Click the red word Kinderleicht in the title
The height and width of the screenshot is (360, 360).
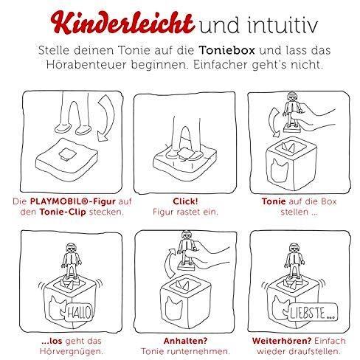[122, 23]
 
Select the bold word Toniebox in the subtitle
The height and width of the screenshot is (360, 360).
[226, 50]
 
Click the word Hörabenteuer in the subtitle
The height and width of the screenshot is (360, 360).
[86, 65]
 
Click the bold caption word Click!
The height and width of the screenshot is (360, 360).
[185, 201]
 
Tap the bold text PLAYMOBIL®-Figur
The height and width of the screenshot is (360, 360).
[72, 201]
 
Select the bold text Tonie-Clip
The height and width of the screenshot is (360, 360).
[63, 212]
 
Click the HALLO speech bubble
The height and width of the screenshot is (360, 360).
[79, 313]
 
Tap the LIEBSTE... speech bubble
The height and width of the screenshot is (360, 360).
[313, 312]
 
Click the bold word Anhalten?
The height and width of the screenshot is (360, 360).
[185, 341]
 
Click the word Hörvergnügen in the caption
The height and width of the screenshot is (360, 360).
[70, 351]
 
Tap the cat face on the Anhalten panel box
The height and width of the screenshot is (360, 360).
[174, 308]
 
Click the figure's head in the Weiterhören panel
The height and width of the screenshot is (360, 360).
[294, 248]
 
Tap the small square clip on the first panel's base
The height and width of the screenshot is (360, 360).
[67, 154]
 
